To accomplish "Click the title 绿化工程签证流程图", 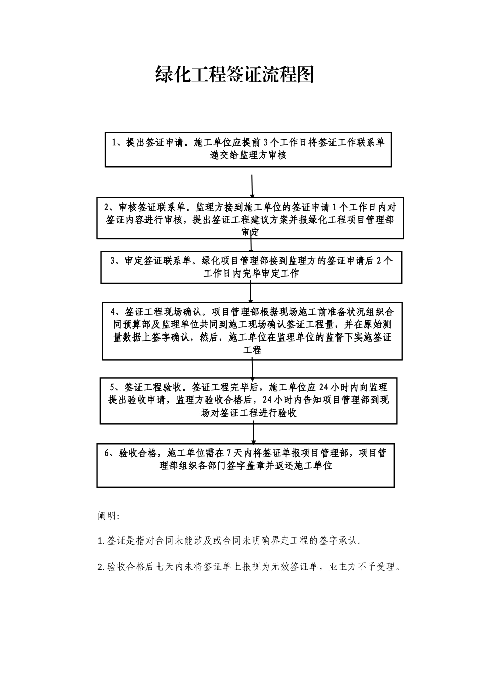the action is [235, 74].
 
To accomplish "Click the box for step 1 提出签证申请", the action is [248, 149].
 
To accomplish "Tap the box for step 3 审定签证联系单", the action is [251, 267].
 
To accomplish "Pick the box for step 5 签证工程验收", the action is [249, 400].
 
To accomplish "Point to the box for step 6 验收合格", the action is [246, 465].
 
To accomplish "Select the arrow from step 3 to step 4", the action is [251, 292].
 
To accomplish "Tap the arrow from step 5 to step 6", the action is [253, 433].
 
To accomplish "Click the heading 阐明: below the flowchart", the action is [108, 516].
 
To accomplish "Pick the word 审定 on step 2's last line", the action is [250, 232].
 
